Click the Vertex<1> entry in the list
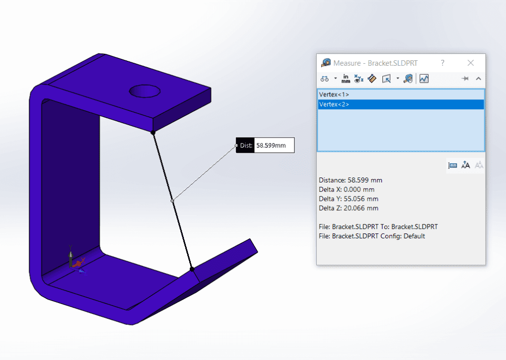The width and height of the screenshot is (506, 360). click(334, 94)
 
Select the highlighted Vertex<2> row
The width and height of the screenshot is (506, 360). click(334, 104)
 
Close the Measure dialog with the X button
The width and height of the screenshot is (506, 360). click(470, 63)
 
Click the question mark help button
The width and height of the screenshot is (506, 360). click(442, 63)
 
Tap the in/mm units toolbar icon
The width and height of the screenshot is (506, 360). click(346, 78)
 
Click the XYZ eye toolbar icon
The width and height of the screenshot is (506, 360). click(359, 78)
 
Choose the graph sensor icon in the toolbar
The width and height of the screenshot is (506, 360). click(424, 78)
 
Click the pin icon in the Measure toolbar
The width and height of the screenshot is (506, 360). click(464, 78)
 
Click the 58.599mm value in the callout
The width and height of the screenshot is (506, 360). click(274, 145)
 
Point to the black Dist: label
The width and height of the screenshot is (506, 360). click(246, 145)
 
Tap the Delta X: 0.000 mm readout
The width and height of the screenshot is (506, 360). click(346, 189)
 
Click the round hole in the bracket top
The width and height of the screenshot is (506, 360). click(145, 91)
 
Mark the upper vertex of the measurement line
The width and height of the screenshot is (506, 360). click(153, 133)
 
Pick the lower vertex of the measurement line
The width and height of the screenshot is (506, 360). click(192, 269)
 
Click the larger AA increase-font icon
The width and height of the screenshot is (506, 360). click(465, 165)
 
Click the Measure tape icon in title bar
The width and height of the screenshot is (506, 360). click(326, 63)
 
